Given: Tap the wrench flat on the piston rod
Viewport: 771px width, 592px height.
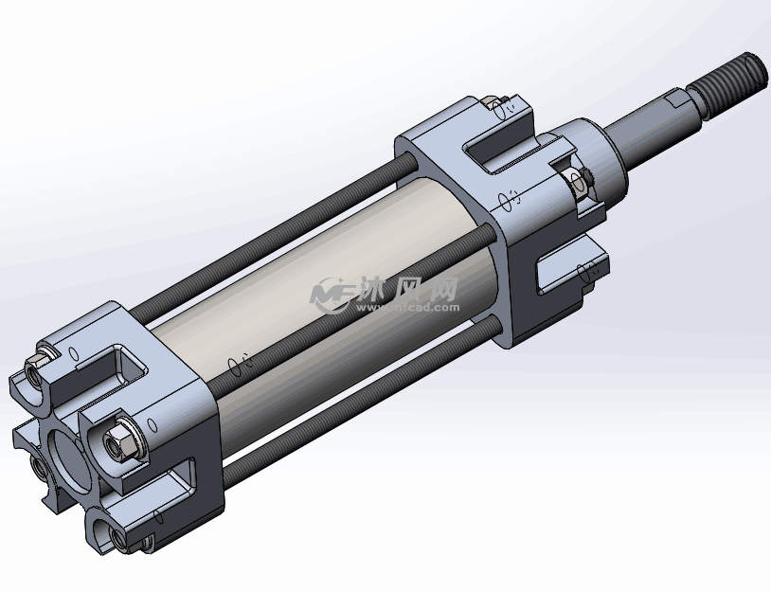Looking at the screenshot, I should click(x=684, y=101).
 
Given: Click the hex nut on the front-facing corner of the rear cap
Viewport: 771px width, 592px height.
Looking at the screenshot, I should click(x=120, y=441).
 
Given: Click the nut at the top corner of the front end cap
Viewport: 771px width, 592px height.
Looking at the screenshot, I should click(x=492, y=103).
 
